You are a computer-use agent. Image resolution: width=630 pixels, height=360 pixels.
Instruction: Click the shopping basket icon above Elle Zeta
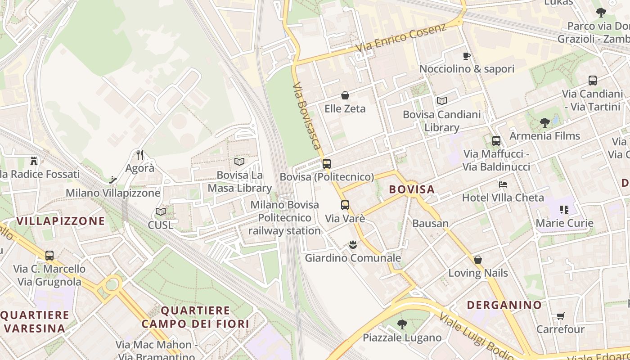point(345,95)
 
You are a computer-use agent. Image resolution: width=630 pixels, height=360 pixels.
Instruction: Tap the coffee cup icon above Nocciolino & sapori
point(467,56)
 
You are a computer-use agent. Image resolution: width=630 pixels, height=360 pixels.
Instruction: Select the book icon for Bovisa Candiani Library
point(442,101)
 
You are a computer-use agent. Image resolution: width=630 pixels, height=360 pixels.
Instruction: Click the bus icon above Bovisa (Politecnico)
point(327,164)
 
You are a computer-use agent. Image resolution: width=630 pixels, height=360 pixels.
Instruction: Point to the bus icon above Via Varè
point(345,205)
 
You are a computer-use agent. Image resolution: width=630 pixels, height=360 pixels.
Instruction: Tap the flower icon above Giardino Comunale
point(353,245)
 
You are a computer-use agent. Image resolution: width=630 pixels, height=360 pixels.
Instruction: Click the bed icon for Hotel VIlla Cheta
point(503,184)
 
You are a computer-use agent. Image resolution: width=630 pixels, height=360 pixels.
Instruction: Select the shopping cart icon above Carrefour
point(560,316)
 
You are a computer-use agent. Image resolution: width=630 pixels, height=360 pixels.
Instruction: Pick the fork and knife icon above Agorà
point(140,155)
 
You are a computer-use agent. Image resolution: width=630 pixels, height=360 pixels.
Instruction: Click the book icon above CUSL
point(161,211)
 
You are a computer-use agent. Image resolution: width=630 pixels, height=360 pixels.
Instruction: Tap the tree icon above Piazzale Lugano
point(402,324)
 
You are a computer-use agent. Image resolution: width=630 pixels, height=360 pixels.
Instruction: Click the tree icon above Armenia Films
point(545,122)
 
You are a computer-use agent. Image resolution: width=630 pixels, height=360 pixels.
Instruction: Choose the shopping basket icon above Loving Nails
point(478,260)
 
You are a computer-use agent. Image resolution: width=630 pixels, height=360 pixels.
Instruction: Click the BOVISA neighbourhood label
point(412,189)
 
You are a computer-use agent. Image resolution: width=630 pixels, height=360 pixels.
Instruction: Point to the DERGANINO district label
point(504,305)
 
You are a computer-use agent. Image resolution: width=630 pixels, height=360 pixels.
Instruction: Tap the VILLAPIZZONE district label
point(61,221)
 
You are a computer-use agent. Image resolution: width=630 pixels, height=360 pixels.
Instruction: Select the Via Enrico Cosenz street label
point(400,38)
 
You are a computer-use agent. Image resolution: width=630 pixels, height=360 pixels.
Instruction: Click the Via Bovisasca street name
point(307,116)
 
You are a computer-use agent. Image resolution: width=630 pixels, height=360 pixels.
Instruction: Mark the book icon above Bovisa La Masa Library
point(239,162)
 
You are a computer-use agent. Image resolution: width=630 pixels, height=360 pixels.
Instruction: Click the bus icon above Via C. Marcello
point(49,256)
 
